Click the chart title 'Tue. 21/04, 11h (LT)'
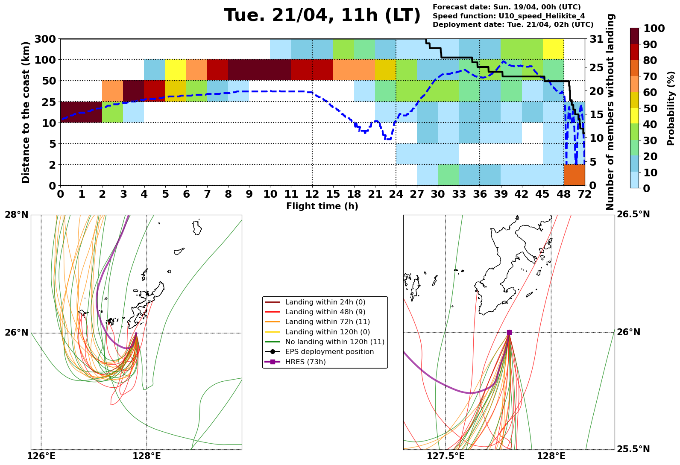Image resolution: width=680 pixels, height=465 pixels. [x=322, y=16]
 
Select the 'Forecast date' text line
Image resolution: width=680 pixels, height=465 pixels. [x=507, y=7]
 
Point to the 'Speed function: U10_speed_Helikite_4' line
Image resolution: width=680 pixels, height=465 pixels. [x=508, y=16]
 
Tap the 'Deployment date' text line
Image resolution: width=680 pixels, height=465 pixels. [x=513, y=25]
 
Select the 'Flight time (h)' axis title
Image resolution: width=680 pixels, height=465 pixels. [x=322, y=206]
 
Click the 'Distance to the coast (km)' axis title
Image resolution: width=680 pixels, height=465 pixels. [x=26, y=112]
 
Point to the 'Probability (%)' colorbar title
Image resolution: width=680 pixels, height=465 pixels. [x=671, y=108]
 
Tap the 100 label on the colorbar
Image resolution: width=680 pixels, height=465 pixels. [x=654, y=29]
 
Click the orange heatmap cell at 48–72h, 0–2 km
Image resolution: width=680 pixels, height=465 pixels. [x=574, y=175]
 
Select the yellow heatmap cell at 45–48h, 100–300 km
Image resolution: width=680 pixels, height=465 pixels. [x=553, y=49]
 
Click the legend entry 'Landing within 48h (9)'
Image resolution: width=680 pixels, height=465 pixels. [x=325, y=312]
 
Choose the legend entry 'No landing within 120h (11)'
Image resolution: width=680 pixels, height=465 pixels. [x=334, y=342]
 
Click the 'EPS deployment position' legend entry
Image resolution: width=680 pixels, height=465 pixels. [x=329, y=352]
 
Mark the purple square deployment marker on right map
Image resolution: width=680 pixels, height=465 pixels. [x=509, y=332]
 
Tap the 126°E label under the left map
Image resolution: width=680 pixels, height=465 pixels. [x=41, y=456]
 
